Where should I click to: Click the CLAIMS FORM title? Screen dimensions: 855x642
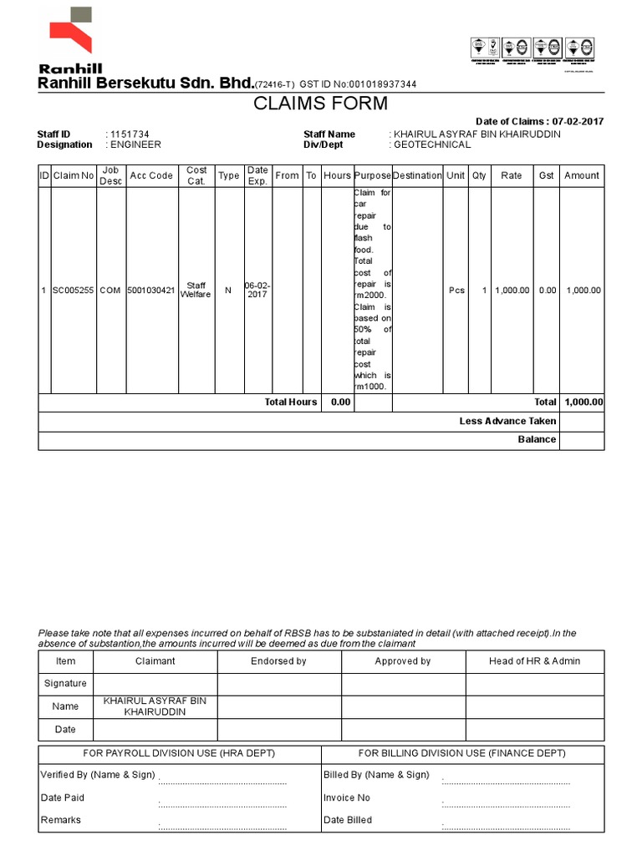[x=321, y=104]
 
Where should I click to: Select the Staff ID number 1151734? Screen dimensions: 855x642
[x=130, y=134]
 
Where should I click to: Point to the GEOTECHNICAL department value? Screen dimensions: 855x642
[x=432, y=144]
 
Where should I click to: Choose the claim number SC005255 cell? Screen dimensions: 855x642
[x=74, y=291]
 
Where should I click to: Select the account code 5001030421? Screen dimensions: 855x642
[x=151, y=291]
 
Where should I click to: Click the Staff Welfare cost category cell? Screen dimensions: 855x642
[x=196, y=291]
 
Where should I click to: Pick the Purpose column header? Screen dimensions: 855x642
[x=372, y=175]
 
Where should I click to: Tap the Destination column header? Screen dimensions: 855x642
[x=417, y=175]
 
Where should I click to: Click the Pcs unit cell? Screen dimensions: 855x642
[x=456, y=291]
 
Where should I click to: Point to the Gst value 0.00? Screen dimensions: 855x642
[x=547, y=291]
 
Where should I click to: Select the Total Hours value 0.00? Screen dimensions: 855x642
[x=339, y=402]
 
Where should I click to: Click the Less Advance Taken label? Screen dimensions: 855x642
[x=507, y=421]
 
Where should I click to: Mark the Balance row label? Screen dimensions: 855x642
[x=537, y=439]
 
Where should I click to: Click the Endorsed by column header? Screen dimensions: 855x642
[x=279, y=661]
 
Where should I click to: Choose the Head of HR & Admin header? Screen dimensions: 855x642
[x=535, y=661]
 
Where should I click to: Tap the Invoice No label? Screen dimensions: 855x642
[x=347, y=797]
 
